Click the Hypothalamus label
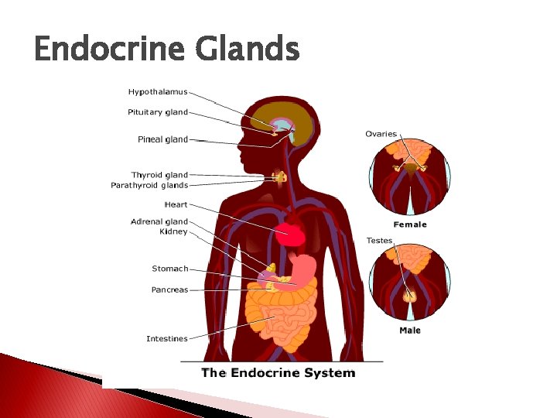[x=158, y=92]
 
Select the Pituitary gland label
[x=158, y=112]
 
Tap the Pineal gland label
[x=162, y=139]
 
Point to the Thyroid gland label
[x=159, y=175]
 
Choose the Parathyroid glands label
[x=149, y=185]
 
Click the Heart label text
[x=176, y=205]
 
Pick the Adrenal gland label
[x=159, y=222]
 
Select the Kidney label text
[x=173, y=231]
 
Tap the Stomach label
[x=169, y=269]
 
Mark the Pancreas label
[x=169, y=290]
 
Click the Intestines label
[x=167, y=338]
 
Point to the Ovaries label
[x=381, y=134]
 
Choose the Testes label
[x=379, y=241]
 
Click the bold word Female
[x=409, y=224]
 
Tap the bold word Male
[x=410, y=331]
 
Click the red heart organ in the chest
[x=293, y=232]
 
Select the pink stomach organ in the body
[x=304, y=270]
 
